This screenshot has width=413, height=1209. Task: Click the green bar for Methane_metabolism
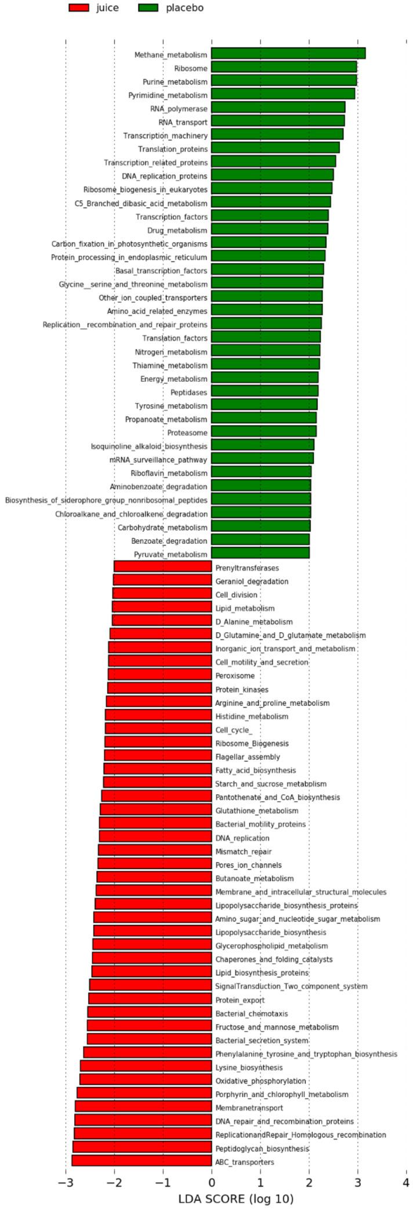(x=288, y=54)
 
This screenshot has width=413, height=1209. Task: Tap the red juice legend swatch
(x=78, y=8)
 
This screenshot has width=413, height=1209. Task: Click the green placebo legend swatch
(x=149, y=8)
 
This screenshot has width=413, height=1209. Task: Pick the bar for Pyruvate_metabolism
(x=260, y=554)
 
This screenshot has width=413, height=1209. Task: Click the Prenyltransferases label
(x=247, y=568)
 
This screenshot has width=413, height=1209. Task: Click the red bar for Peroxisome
(x=160, y=675)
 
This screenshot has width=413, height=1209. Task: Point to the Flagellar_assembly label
(x=247, y=756)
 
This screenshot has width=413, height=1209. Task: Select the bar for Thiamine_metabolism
(x=266, y=365)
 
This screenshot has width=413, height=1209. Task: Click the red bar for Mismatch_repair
(x=155, y=851)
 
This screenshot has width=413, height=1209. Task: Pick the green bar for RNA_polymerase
(x=278, y=108)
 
